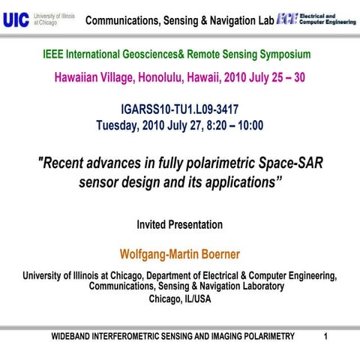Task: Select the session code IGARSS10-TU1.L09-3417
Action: pos(180,109)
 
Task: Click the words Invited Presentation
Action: pos(180,224)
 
